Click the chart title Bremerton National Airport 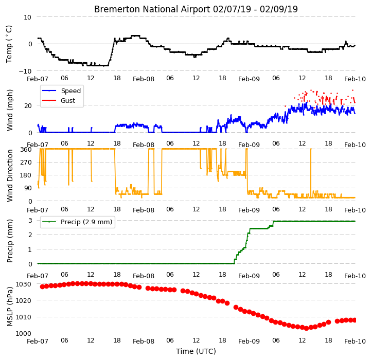(x=152, y=9)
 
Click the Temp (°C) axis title (x=9, y=44)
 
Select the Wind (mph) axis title (x=9, y=110)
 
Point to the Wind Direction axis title (x=9, y=175)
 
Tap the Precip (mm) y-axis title (x=9, y=241)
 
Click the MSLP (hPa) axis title (x=9, y=307)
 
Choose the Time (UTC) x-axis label (x=196, y=351)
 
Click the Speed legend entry (x=70, y=91)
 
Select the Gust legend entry (x=68, y=100)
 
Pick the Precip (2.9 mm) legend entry (x=86, y=222)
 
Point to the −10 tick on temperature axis (x=25, y=71)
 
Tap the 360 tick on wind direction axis (x=26, y=150)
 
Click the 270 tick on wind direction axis (x=26, y=163)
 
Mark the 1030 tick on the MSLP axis (x=24, y=284)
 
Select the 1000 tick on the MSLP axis (x=24, y=333)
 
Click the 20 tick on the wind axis (x=28, y=106)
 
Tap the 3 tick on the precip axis (x=30, y=221)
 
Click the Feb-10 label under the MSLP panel (x=355, y=341)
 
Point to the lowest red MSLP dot (x=306, y=328)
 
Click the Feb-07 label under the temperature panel (x=38, y=79)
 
